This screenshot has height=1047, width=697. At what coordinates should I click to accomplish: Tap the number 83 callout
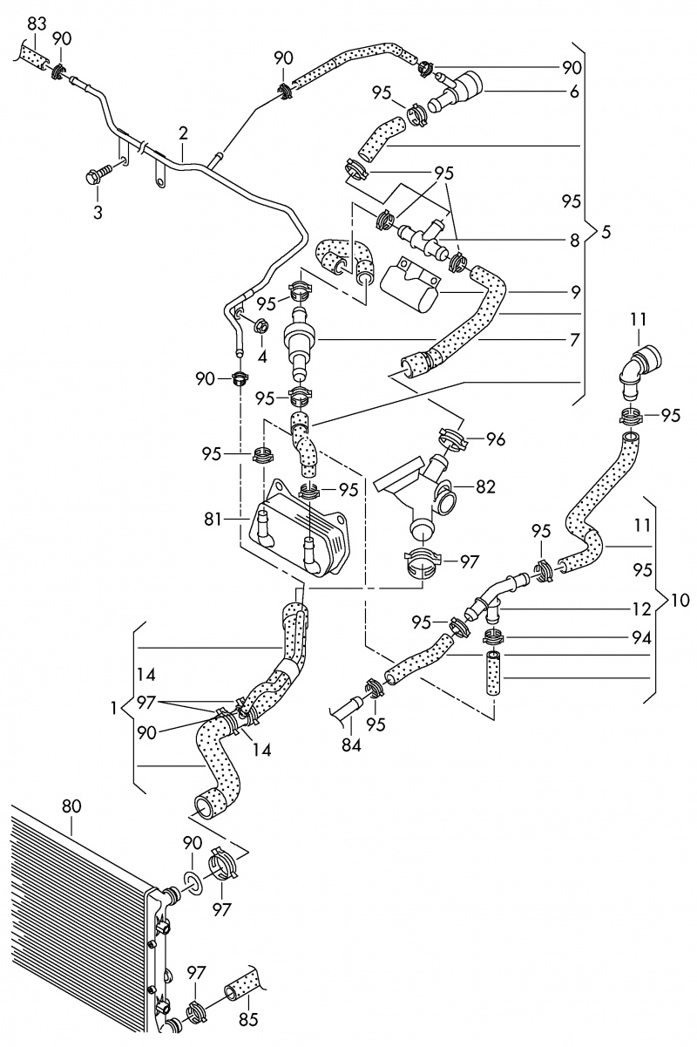(x=36, y=24)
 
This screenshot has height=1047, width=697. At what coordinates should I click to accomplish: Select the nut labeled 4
(x=260, y=327)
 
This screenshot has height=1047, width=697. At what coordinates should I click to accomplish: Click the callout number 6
(x=574, y=91)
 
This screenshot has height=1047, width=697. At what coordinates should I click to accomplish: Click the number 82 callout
(x=486, y=486)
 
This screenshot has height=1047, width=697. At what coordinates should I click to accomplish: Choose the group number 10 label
(x=680, y=601)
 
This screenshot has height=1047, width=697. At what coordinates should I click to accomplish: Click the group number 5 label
(x=606, y=233)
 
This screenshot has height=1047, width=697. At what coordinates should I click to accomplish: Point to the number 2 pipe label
(x=183, y=133)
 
